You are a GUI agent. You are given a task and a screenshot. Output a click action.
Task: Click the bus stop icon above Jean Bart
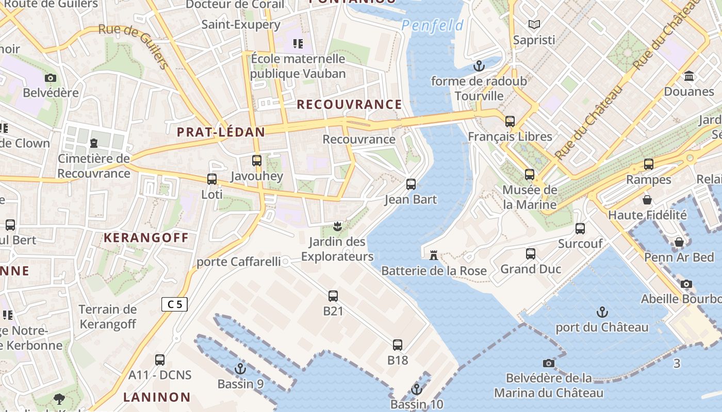pyautogui.click(x=411, y=184)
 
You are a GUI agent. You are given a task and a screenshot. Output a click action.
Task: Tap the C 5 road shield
pyautogui.click(x=174, y=304)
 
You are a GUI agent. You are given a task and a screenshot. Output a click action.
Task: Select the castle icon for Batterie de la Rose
pyautogui.click(x=434, y=255)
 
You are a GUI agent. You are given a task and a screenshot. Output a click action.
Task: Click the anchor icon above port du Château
pyautogui.click(x=602, y=312)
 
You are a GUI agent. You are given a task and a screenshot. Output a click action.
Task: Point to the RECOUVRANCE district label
pyautogui.click(x=349, y=105)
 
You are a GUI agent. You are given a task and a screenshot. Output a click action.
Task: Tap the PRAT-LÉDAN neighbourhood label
pyautogui.click(x=221, y=132)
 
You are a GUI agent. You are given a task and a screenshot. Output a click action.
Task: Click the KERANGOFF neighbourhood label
pyautogui.click(x=146, y=238)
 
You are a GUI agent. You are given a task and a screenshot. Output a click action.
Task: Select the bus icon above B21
pyautogui.click(x=333, y=296)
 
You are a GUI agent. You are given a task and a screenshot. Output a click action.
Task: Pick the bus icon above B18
pyautogui.click(x=397, y=345)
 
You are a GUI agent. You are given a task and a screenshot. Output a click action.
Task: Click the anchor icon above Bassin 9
pyautogui.click(x=240, y=369)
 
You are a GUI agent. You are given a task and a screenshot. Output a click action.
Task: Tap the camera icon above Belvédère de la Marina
pyautogui.click(x=549, y=363)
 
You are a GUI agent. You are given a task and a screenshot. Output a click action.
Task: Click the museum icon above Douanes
pyautogui.click(x=689, y=76)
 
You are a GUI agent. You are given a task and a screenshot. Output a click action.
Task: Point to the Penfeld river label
pyautogui.click(x=432, y=25)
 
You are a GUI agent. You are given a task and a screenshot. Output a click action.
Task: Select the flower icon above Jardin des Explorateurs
pyautogui.click(x=337, y=226)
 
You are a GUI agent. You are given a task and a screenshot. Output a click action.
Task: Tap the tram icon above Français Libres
pyautogui.click(x=510, y=122)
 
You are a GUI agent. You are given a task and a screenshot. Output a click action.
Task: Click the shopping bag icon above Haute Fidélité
pyautogui.click(x=647, y=200)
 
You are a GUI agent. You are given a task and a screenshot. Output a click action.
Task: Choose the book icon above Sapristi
pyautogui.click(x=534, y=24)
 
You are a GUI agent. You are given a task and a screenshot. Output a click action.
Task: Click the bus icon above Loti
pyautogui.click(x=211, y=179)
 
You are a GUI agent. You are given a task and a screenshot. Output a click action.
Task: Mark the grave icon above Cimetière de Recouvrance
pyautogui.click(x=94, y=143)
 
